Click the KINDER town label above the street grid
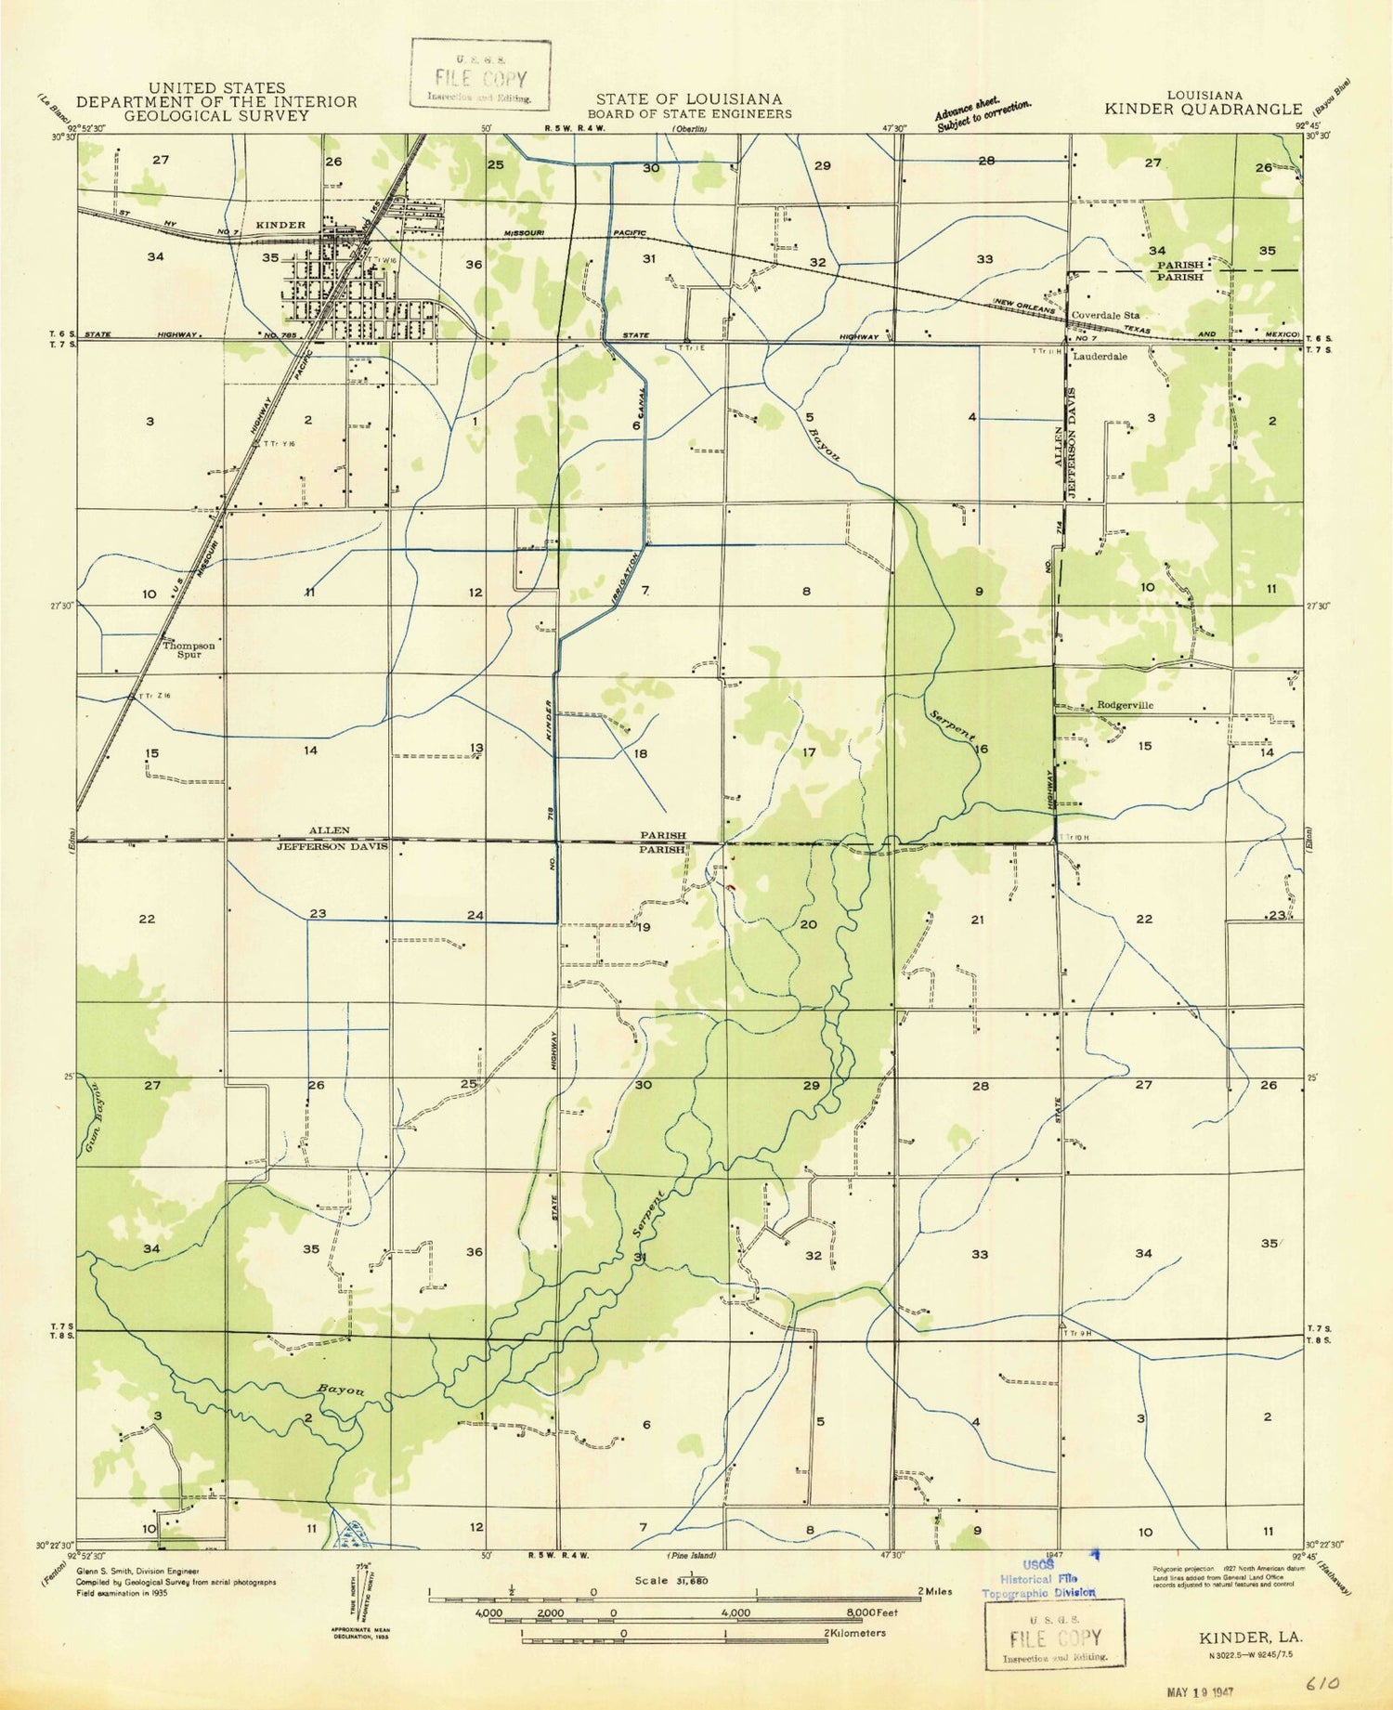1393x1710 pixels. [280, 225]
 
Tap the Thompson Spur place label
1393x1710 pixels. [189, 649]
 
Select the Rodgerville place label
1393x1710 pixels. [1125, 705]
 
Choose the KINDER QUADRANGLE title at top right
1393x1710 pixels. [1204, 109]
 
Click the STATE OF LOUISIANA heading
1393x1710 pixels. [688, 98]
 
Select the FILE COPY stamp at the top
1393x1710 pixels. [481, 80]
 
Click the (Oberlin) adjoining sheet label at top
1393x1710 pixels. [688, 129]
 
